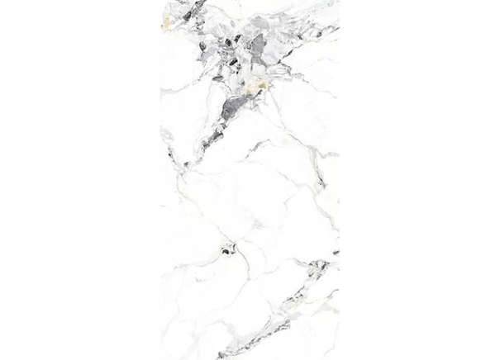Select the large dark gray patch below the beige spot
tap(237, 105)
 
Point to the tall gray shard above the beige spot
tap(259, 46)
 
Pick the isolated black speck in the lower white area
tap(227, 247)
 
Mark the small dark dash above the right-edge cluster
tap(336, 252)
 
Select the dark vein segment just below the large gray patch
tap(213, 136)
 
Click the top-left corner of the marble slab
tap(160, 1)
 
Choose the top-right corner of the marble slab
tap(339, 1)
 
